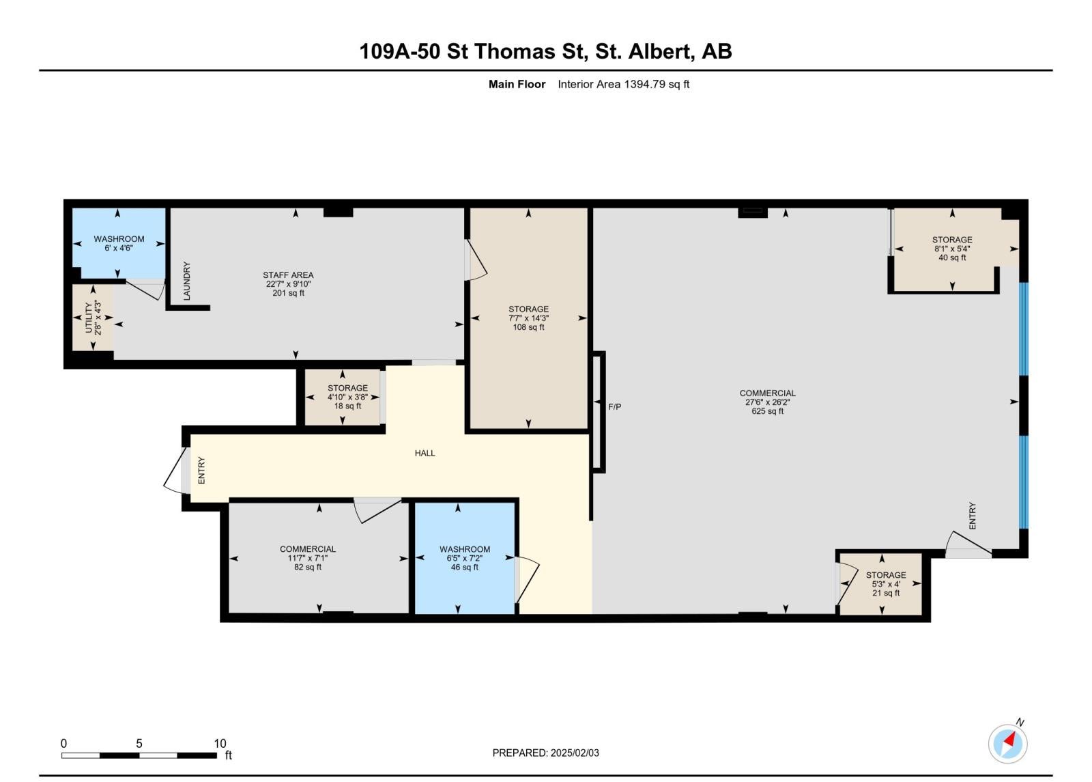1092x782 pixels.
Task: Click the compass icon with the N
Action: [x=1007, y=744]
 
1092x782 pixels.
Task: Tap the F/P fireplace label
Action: [x=614, y=407]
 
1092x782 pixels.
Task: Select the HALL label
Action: [x=425, y=453]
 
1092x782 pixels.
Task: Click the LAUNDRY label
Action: [x=187, y=281]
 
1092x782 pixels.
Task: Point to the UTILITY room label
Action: [x=88, y=317]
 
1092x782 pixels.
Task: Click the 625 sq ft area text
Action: [x=767, y=411]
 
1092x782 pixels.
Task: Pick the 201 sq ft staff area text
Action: [x=288, y=293]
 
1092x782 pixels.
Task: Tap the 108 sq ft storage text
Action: [x=528, y=327]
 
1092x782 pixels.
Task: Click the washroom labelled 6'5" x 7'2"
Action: [x=465, y=558]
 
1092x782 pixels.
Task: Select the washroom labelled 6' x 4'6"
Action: [x=119, y=243]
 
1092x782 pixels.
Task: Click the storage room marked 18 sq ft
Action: [x=342, y=397]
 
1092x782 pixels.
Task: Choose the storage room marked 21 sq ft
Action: [x=881, y=583]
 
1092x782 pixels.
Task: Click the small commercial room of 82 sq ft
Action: [x=319, y=558]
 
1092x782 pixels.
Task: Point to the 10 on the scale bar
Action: [x=220, y=744]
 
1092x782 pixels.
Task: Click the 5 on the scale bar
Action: [x=139, y=744]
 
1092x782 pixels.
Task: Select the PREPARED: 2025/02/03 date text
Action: [x=545, y=753]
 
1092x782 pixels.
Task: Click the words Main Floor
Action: [x=517, y=85]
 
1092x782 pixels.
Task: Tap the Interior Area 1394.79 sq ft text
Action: [x=624, y=85]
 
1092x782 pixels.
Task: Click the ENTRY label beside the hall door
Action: [x=201, y=471]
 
